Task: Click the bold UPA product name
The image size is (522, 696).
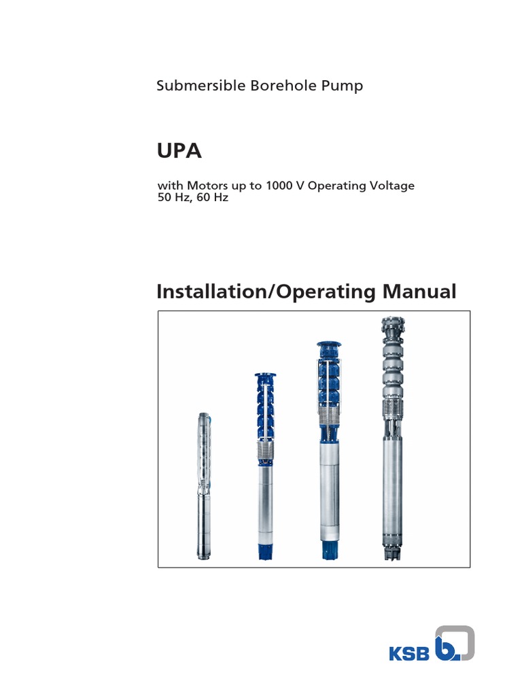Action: pos(179,151)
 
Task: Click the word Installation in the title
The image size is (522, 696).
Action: pos(209,292)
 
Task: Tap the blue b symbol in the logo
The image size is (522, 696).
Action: pos(449,646)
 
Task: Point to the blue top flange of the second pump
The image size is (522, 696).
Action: pos(262,376)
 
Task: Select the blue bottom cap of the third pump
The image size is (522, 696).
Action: pos(328,549)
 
